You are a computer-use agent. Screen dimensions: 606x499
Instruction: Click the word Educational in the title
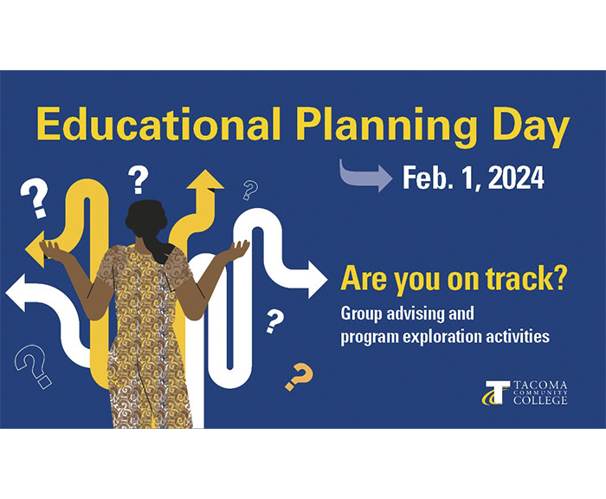tap(158, 123)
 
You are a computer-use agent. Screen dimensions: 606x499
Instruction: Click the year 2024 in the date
tap(516, 178)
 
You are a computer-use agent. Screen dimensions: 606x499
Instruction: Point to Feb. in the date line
tap(428, 178)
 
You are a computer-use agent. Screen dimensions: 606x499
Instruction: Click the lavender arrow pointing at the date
tap(365, 176)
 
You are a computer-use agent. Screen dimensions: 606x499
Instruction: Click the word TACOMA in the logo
tap(540, 386)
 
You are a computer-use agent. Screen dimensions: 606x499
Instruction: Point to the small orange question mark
tap(300, 376)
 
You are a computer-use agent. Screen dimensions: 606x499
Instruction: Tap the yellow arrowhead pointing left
tap(35, 249)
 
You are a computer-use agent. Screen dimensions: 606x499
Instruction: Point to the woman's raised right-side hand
tap(238, 249)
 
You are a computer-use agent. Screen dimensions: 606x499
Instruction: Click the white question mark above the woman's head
tap(138, 180)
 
